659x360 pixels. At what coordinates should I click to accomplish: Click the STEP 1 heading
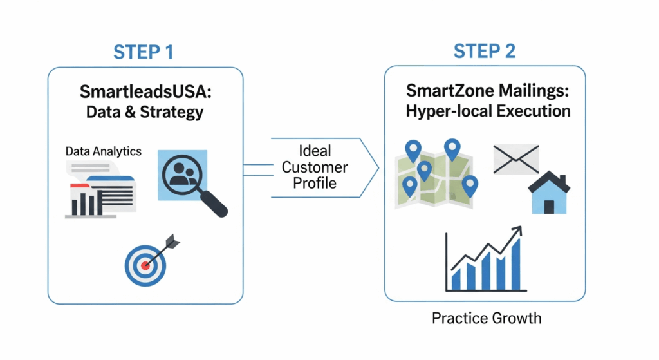click(144, 52)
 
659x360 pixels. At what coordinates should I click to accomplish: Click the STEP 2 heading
click(485, 52)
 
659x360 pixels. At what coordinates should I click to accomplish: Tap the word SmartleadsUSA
click(145, 92)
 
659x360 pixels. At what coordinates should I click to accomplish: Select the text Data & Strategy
click(145, 112)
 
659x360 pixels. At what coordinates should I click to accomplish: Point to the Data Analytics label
click(103, 152)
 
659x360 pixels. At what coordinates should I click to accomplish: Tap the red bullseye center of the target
click(145, 264)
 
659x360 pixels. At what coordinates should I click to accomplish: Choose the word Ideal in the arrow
click(315, 151)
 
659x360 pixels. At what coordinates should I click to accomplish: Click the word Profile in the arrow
click(315, 184)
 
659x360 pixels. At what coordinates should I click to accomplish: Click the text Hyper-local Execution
click(488, 111)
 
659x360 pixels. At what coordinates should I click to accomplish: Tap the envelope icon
click(515, 159)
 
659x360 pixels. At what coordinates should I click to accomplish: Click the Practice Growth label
click(486, 318)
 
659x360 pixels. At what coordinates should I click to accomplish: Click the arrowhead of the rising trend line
click(516, 232)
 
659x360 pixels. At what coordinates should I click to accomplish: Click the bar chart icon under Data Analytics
click(88, 204)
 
